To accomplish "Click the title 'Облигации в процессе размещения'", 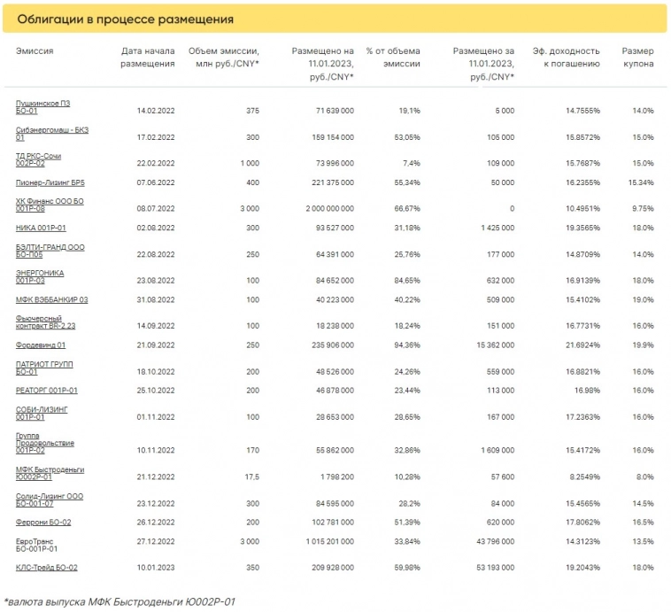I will click(x=126, y=19).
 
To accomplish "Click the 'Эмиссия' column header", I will click(x=35, y=51).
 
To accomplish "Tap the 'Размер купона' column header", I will click(x=637, y=58).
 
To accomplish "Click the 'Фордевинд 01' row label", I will click(x=41, y=345).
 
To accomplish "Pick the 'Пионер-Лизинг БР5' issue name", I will click(x=50, y=182).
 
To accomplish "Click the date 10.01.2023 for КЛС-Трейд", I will click(x=152, y=568).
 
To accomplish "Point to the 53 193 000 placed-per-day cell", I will click(x=491, y=568).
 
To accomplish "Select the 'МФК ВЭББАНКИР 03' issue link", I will click(x=51, y=299).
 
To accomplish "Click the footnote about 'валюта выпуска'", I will click(x=120, y=602).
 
